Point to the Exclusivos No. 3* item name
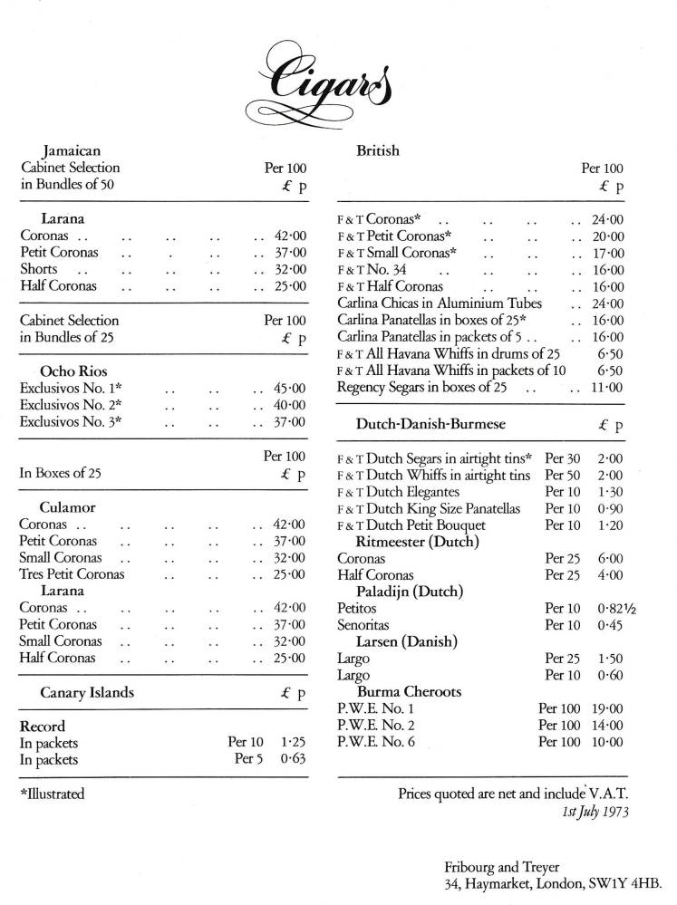coord(71,422)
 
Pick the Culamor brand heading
coord(68,507)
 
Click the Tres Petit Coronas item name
coord(72,574)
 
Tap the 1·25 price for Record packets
coord(290,743)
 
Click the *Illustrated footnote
coord(52,794)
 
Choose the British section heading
coord(378,150)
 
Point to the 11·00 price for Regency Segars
coord(606,388)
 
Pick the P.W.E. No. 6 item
coord(375,742)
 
